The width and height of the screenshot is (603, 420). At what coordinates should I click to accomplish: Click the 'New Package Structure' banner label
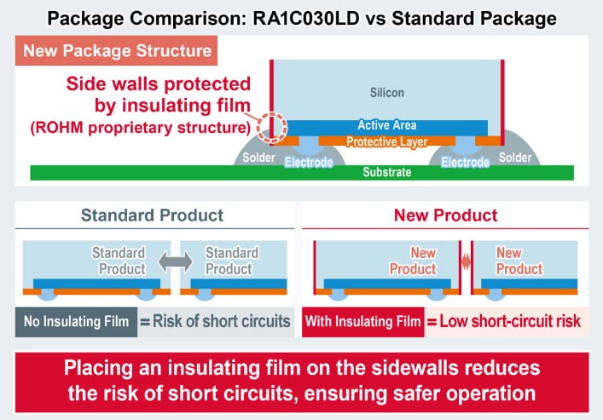coord(118,50)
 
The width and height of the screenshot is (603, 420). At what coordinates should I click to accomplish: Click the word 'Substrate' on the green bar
coord(386,173)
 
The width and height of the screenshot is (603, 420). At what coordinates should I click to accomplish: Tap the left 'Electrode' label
coord(308,161)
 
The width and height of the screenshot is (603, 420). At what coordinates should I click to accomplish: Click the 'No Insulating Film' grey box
coord(77,321)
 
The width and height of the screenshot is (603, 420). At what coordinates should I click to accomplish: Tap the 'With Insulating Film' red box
coord(365,321)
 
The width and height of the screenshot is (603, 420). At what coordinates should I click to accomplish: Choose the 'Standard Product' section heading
coord(152,216)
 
